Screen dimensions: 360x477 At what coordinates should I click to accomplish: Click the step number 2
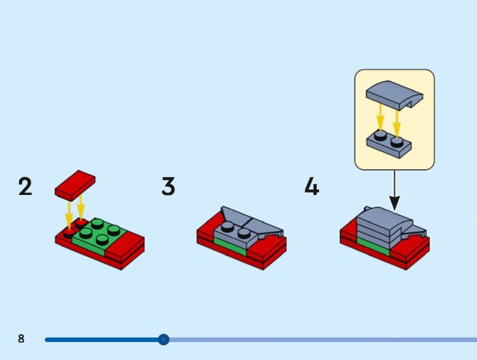tap(25, 187)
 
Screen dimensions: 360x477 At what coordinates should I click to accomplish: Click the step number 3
tap(168, 187)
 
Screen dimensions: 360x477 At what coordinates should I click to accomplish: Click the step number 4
tap(312, 187)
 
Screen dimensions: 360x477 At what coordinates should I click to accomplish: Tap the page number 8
tap(21, 339)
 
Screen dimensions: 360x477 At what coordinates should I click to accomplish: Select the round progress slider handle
tap(163, 340)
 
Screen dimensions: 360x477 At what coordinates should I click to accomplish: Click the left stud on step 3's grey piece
tap(227, 226)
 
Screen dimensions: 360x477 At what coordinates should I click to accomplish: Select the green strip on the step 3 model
tap(229, 246)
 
